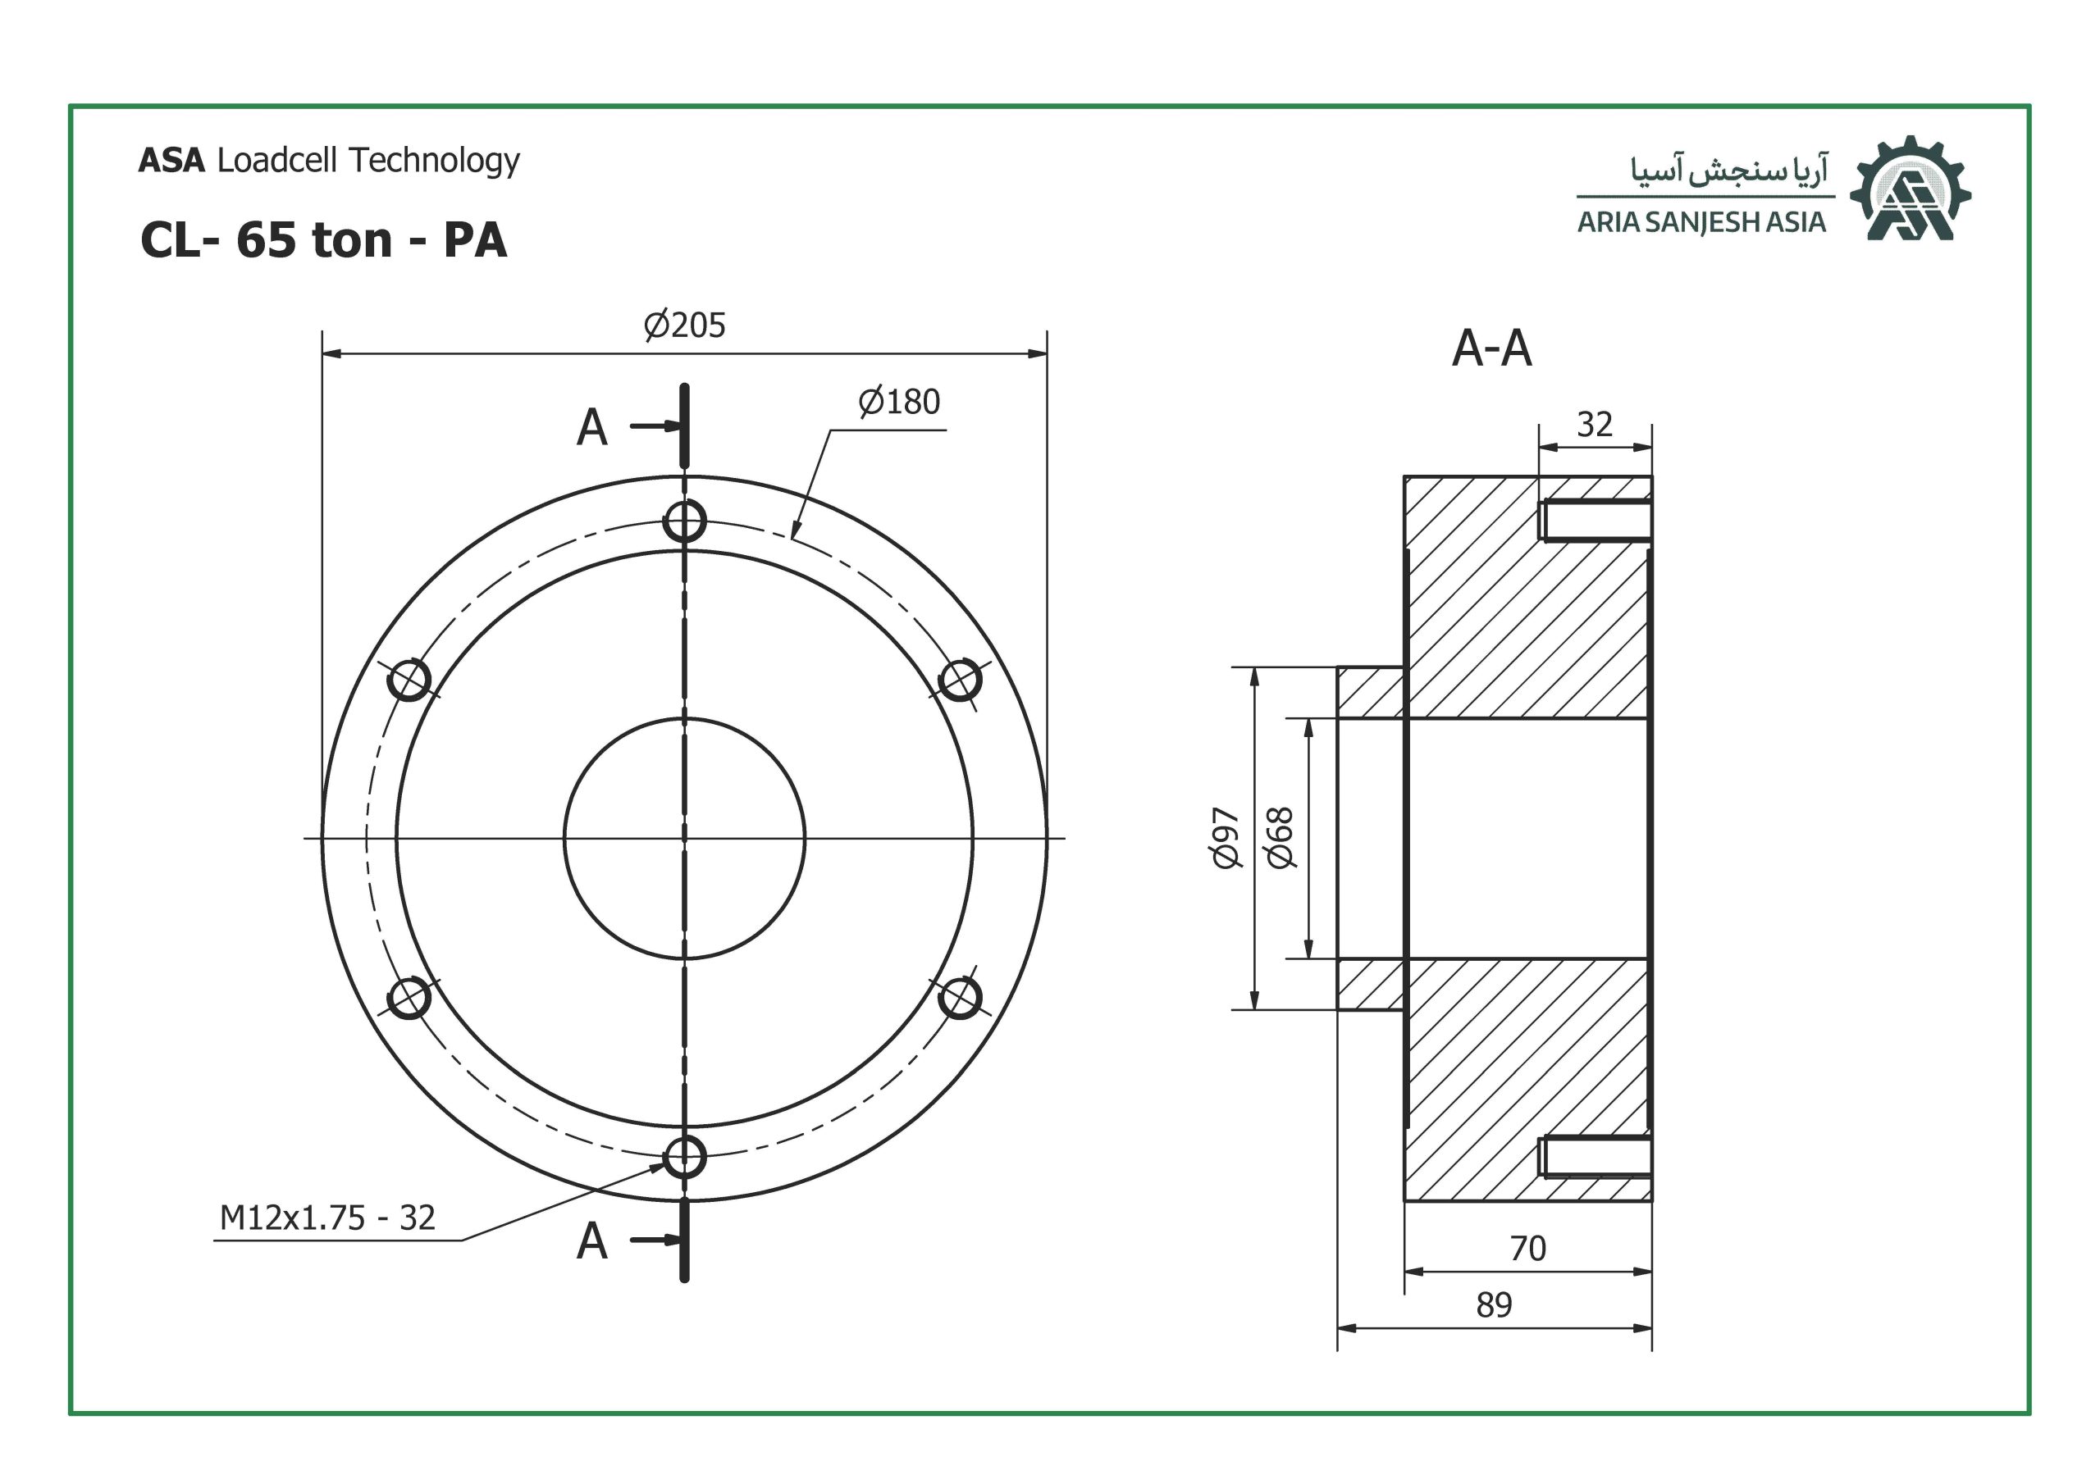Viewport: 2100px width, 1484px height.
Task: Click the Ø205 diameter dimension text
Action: click(x=684, y=325)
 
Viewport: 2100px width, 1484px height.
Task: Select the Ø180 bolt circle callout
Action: click(x=899, y=403)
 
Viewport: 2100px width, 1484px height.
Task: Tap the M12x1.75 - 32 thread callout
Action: click(x=327, y=1218)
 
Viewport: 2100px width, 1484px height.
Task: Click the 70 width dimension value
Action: click(x=1527, y=1248)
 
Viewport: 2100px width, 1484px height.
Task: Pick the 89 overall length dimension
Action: click(x=1494, y=1304)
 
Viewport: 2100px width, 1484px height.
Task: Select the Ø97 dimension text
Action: click(x=1226, y=838)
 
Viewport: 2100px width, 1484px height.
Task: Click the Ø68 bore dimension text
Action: click(x=1280, y=838)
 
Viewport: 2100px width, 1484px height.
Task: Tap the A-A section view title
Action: click(x=1492, y=348)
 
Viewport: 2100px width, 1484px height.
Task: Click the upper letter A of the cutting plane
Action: click(x=591, y=427)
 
